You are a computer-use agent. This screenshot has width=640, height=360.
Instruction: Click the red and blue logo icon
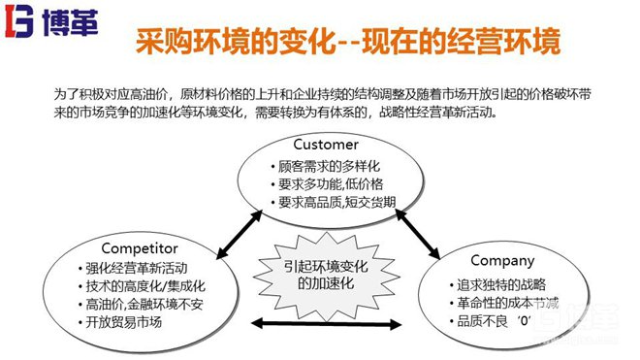click(19, 20)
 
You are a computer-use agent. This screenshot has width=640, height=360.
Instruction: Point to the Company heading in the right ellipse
click(501, 260)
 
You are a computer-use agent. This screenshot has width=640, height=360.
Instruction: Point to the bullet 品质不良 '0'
click(496, 321)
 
